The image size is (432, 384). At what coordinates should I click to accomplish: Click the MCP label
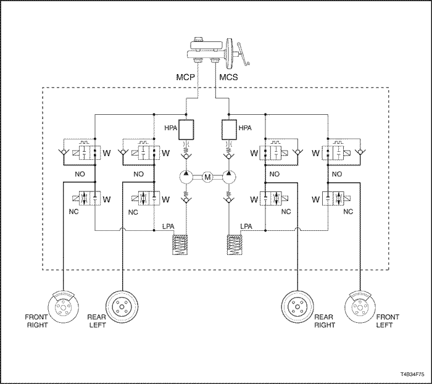[185, 77]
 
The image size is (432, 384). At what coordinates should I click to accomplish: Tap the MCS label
[228, 77]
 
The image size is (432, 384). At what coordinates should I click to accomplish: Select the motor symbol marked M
[207, 177]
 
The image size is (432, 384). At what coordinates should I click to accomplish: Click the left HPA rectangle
[186, 130]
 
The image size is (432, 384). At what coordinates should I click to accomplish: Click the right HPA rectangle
[229, 130]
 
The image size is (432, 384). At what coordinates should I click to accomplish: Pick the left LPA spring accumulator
[180, 245]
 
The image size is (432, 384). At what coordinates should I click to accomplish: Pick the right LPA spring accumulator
[234, 245]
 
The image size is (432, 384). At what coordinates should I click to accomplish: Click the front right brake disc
[64, 307]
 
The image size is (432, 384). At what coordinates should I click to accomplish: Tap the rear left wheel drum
[122, 307]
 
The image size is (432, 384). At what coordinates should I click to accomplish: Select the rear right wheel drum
[297, 307]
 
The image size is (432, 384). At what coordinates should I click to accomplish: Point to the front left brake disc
[360, 307]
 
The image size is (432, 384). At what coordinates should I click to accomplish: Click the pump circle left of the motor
[186, 177]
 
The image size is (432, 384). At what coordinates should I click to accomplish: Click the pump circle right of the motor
[229, 177]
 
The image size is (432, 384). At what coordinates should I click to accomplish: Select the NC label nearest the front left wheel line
[348, 212]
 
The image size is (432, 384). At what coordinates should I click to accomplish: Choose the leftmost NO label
[80, 174]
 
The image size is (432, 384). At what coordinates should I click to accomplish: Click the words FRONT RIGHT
[36, 321]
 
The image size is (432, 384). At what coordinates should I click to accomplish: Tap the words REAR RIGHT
[324, 321]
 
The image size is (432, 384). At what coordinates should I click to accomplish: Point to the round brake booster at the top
[230, 54]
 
